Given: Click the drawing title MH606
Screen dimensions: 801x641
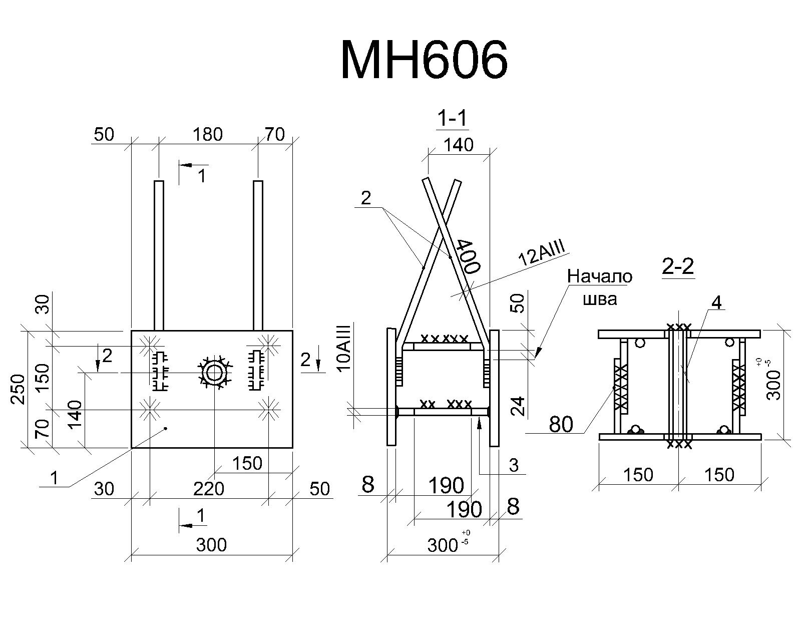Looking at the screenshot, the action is point(424,60).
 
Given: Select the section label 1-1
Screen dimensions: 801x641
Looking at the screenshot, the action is point(452,119).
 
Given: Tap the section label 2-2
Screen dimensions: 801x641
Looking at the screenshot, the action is point(678,266).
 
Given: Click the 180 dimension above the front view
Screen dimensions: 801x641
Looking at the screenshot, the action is point(208,134).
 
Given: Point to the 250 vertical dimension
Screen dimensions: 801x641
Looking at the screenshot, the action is point(18,389).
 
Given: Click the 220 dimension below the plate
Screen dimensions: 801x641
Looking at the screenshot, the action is point(208,489).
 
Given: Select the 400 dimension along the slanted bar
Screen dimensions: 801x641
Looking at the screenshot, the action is point(468,256).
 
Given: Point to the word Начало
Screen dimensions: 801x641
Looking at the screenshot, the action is point(599,276).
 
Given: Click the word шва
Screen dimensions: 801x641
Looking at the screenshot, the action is point(600,299).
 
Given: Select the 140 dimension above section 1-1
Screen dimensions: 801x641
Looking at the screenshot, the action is point(459,145).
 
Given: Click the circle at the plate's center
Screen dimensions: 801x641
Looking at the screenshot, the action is point(214,373).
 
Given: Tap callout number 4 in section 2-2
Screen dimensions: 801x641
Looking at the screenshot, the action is point(716,303).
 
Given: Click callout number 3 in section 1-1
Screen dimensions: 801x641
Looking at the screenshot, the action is point(514,465).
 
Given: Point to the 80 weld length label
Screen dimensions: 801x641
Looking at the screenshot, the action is point(561,424).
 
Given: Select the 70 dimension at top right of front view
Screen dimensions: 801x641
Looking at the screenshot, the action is point(275,134).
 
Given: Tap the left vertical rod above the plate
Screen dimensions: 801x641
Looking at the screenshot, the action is point(159,255).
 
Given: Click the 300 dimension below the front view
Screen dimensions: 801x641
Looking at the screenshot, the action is point(211,545).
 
